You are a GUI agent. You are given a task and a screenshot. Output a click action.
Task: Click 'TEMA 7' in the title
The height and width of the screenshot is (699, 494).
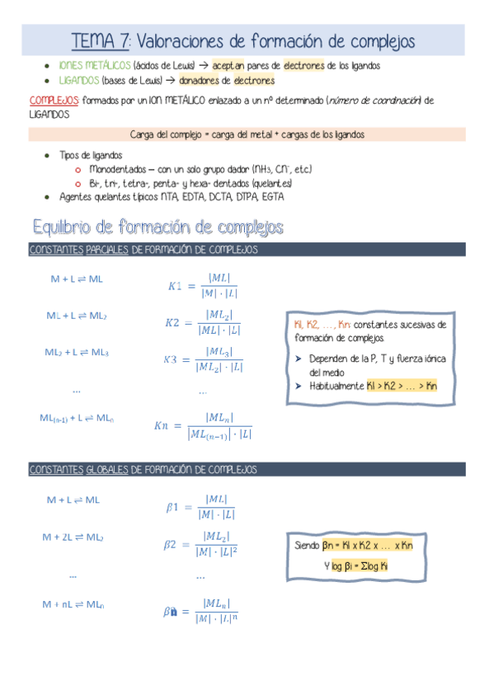coord(100,40)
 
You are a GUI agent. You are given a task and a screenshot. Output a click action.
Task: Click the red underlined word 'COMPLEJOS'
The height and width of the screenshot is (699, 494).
coord(54,101)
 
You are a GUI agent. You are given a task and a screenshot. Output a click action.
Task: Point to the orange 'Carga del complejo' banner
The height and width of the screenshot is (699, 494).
coord(247,134)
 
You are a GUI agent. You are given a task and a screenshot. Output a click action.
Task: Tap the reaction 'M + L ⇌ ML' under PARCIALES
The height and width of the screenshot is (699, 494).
coord(77,279)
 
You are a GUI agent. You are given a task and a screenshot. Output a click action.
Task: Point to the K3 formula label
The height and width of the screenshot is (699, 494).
coord(171,359)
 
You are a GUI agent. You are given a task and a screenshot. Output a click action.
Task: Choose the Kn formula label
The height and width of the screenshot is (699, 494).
coord(161,425)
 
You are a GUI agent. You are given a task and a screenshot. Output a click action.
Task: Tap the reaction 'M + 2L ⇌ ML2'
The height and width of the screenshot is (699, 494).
coord(73,537)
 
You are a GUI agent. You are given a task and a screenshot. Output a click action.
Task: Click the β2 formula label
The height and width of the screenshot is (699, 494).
coord(171,544)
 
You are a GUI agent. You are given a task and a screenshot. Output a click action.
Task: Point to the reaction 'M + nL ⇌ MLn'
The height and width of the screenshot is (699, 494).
coord(73,604)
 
